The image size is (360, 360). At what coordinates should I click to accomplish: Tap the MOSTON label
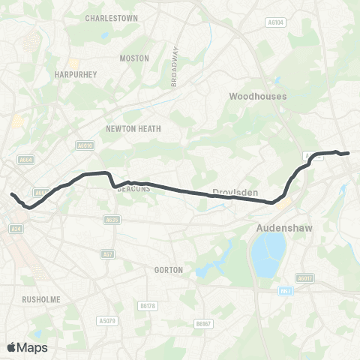[135, 58]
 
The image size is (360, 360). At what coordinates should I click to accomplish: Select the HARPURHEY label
[73, 75]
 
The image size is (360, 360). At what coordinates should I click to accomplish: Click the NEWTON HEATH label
[133, 128]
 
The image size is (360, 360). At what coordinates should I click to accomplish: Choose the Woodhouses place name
[258, 97]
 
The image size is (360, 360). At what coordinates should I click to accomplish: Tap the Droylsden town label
[235, 193]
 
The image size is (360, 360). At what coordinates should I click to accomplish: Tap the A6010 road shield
[84, 145]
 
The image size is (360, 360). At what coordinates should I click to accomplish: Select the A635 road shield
[112, 219]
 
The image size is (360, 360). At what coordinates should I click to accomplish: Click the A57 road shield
[108, 255]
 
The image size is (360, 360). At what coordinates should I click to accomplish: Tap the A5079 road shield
[106, 320]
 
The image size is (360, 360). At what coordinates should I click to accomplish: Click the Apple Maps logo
[27, 347]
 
